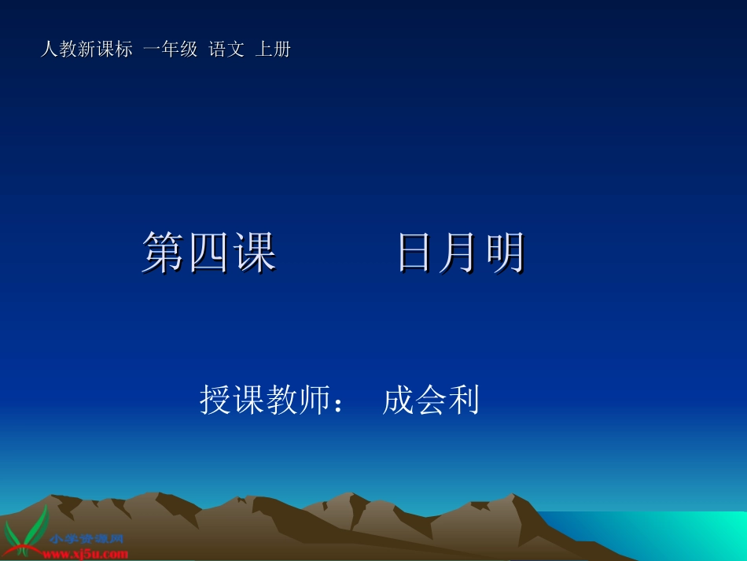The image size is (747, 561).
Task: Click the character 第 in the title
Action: click(x=164, y=253)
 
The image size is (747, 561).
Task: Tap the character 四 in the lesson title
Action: click(x=209, y=253)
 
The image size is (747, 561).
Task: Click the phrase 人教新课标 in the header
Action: click(x=86, y=50)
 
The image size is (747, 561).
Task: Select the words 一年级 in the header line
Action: click(x=171, y=50)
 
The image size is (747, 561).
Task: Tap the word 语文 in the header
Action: click(x=226, y=50)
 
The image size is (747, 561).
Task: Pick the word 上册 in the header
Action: click(x=274, y=50)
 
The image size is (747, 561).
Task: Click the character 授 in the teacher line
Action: click(x=215, y=400)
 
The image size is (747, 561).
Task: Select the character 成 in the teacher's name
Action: click(x=398, y=400)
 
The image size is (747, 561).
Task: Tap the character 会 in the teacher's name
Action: click(x=431, y=400)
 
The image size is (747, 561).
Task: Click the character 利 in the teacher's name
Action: click(x=463, y=400)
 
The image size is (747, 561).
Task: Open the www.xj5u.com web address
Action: click(x=86, y=554)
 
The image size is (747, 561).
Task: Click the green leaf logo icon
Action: click(x=26, y=531)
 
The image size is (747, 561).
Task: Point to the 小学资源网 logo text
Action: click(x=86, y=540)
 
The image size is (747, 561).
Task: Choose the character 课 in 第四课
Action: click(x=255, y=253)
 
